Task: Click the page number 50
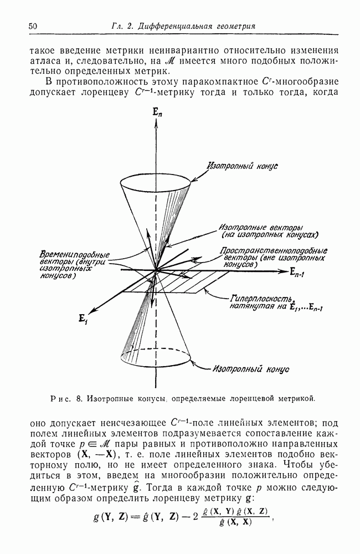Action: coord(32,26)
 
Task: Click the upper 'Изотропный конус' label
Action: coord(238,165)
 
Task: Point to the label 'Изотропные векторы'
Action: coord(253,227)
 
